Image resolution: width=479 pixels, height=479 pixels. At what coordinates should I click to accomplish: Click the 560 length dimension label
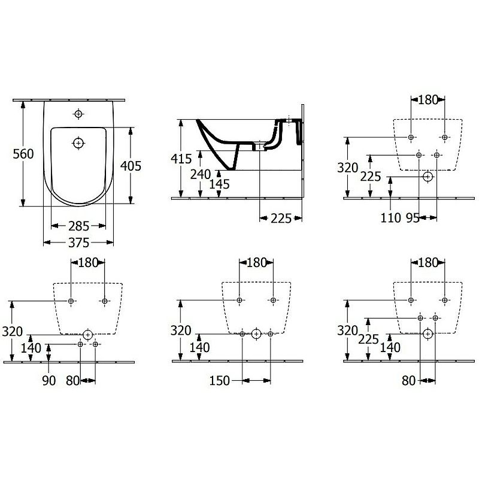23,154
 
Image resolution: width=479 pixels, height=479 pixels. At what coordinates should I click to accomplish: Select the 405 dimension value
131,166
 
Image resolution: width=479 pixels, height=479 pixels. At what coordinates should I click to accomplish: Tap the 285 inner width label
78,226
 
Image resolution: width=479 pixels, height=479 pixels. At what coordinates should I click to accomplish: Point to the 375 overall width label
78,242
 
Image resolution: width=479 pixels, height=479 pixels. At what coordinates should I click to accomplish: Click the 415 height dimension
181,159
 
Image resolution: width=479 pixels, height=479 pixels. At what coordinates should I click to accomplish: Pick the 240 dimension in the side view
201,174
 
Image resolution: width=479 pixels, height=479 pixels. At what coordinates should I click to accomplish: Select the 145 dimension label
219,184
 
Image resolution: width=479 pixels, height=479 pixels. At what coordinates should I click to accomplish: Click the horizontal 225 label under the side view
281,219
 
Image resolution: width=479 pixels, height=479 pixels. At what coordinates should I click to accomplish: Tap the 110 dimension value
391,218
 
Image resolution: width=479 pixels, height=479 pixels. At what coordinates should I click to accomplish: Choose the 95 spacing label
413,218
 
